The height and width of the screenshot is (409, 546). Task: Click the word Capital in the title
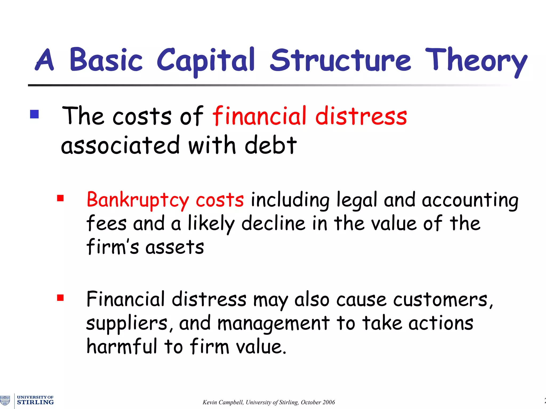pyautogui.click(x=206, y=61)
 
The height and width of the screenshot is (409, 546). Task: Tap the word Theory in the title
pyautogui.click(x=476, y=61)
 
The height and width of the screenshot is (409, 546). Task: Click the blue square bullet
pyautogui.click(x=34, y=114)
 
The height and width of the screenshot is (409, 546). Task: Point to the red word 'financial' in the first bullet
pyautogui.click(x=259, y=116)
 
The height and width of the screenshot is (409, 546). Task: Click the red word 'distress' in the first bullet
pyautogui.click(x=361, y=116)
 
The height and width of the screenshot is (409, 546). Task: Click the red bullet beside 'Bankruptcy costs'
pyautogui.click(x=61, y=198)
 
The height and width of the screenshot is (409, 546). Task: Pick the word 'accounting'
pyautogui.click(x=470, y=200)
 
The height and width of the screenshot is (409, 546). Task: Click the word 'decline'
pyautogui.click(x=273, y=223)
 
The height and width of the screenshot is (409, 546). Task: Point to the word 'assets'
pyautogui.click(x=175, y=247)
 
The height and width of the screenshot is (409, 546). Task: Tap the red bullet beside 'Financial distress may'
pyautogui.click(x=61, y=297)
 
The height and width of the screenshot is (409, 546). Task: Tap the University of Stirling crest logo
pyautogui.click(x=5, y=400)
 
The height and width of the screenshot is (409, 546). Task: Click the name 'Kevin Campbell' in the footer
pyautogui.click(x=223, y=402)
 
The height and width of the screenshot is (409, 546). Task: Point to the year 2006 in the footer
pyautogui.click(x=328, y=402)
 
